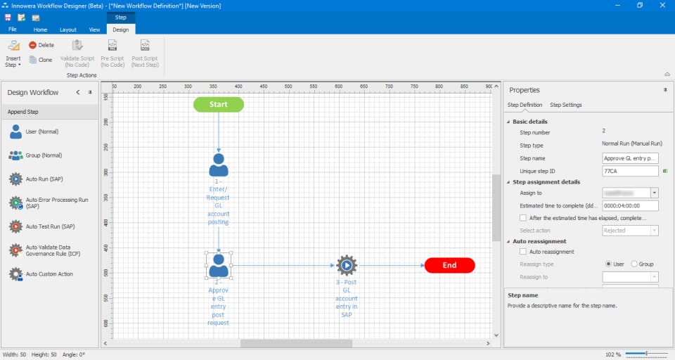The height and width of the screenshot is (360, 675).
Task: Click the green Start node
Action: click(x=218, y=105)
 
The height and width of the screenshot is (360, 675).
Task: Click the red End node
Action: click(x=449, y=265)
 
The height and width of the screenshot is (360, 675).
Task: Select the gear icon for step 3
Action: click(x=346, y=265)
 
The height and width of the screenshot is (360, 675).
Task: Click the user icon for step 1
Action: click(x=219, y=165)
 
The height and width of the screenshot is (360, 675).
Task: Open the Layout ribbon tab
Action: click(x=68, y=30)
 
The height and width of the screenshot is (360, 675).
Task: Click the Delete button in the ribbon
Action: click(x=41, y=45)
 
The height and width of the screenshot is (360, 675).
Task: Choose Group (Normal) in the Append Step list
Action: click(x=44, y=155)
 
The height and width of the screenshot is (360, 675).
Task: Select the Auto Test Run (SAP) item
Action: click(x=49, y=226)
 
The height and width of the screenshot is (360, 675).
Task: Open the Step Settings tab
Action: click(x=565, y=105)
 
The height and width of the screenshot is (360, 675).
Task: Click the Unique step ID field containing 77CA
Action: click(x=629, y=171)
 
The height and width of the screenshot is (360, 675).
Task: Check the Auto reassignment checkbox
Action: click(x=523, y=252)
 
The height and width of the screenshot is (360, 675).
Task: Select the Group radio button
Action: click(x=634, y=264)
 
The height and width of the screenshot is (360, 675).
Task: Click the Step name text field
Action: click(x=629, y=158)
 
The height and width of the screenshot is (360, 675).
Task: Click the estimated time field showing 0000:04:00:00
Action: click(x=629, y=206)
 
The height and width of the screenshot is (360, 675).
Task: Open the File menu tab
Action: click(x=13, y=30)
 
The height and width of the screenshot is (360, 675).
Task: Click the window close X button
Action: click(x=662, y=6)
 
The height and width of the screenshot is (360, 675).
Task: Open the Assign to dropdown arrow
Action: click(x=655, y=193)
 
